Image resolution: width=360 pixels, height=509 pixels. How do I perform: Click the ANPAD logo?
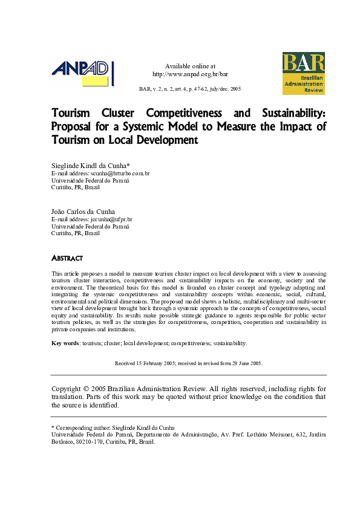(x=82, y=74)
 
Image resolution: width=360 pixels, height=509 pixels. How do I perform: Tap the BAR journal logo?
(x=303, y=73)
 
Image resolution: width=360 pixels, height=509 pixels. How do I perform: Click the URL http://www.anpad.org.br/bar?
(x=190, y=74)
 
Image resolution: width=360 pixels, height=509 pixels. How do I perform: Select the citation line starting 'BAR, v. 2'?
(x=190, y=89)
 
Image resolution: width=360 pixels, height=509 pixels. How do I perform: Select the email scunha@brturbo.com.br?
(x=121, y=173)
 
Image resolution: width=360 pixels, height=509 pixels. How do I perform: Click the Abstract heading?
(x=67, y=258)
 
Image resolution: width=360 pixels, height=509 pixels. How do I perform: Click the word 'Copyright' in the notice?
(x=66, y=388)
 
